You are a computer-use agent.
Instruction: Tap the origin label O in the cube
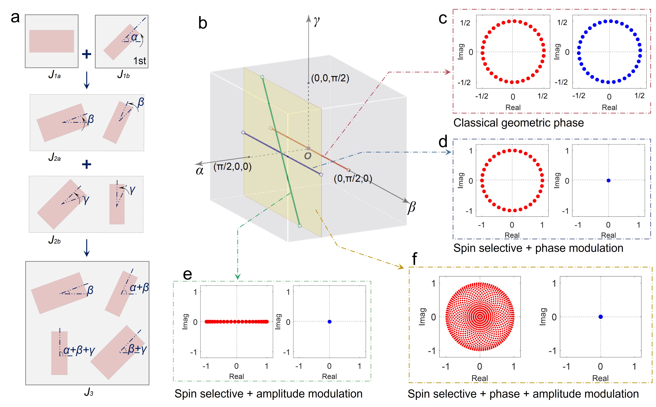(307, 156)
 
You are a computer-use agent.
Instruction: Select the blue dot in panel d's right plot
(608, 181)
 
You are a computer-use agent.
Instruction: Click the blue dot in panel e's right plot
(329, 322)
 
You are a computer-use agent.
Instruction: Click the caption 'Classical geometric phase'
(518, 123)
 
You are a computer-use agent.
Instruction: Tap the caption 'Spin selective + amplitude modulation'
(268, 394)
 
